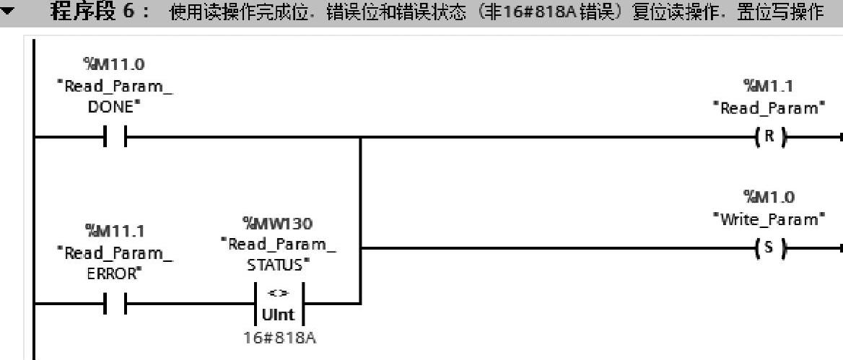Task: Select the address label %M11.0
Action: pyautogui.click(x=115, y=65)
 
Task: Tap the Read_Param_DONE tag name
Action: pyautogui.click(x=115, y=97)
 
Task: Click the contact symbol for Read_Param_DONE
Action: pyautogui.click(x=115, y=137)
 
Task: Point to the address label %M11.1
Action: pyautogui.click(x=115, y=231)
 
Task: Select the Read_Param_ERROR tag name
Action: pyautogui.click(x=115, y=263)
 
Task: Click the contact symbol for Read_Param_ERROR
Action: pyautogui.click(x=115, y=304)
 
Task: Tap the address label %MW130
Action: pyautogui.click(x=278, y=224)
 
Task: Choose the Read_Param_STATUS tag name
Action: pyautogui.click(x=278, y=255)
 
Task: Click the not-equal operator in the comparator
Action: pyautogui.click(x=278, y=293)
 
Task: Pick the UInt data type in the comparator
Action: pyautogui.click(x=278, y=315)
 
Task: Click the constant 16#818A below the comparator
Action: pyautogui.click(x=278, y=337)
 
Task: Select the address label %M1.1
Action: pyautogui.click(x=768, y=87)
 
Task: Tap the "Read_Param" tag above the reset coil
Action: pyautogui.click(x=768, y=108)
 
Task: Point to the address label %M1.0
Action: pyautogui.click(x=768, y=197)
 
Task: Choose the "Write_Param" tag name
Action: pyautogui.click(x=768, y=219)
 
